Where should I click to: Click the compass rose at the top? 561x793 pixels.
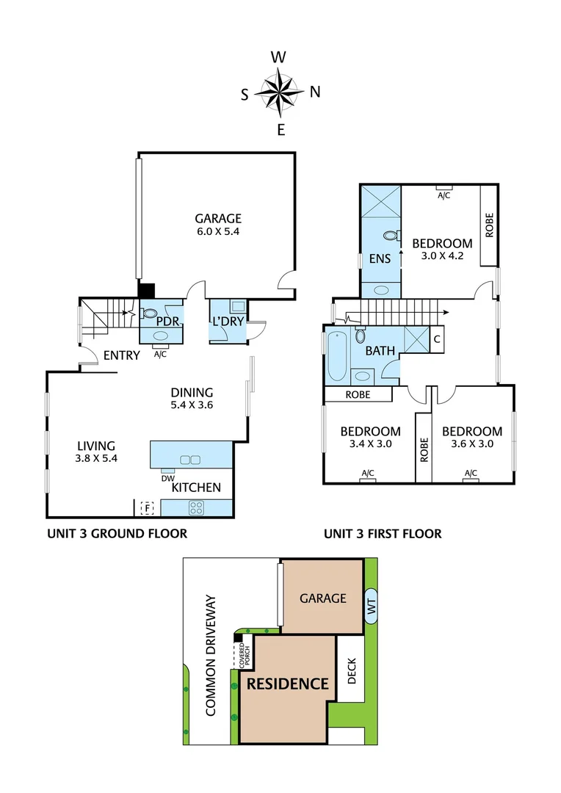click(280, 93)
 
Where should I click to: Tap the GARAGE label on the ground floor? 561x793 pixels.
click(218, 218)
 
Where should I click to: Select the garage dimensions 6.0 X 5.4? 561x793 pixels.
click(218, 231)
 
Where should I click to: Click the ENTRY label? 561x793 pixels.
click(121, 355)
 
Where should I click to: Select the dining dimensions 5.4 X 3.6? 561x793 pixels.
click(192, 405)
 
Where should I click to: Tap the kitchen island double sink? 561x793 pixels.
click(189, 460)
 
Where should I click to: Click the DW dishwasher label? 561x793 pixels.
click(167, 477)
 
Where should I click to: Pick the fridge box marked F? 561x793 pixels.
click(147, 507)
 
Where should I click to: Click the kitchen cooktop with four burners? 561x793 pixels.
click(196, 506)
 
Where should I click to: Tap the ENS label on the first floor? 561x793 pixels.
click(380, 258)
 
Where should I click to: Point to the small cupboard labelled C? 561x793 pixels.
click(436, 339)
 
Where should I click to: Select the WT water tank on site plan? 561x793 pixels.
click(371, 606)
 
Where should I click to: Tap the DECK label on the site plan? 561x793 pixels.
click(352, 670)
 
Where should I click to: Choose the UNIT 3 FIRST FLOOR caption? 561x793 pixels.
click(383, 534)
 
